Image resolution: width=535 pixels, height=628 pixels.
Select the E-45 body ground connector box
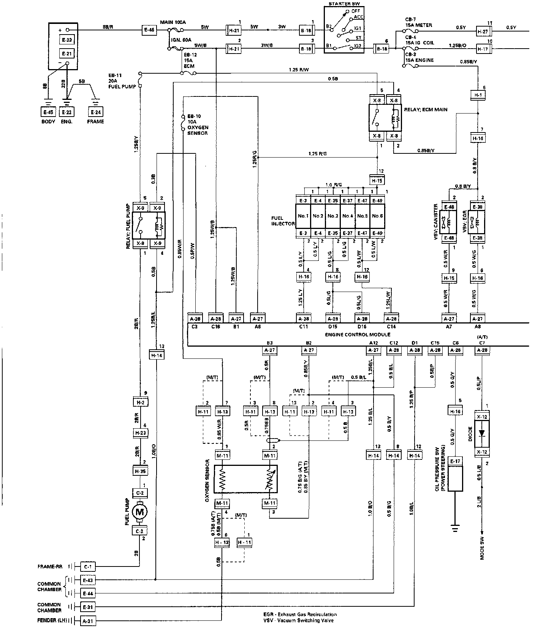(48, 112)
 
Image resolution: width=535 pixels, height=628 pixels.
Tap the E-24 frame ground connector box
(96, 112)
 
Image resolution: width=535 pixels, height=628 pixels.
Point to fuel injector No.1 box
(303, 216)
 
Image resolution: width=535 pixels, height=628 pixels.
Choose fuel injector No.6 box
(377, 216)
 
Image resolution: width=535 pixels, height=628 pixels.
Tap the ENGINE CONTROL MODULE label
(358, 335)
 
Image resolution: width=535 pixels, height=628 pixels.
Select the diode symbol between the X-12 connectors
(482, 433)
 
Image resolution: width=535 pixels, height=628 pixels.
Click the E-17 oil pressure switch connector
(455, 461)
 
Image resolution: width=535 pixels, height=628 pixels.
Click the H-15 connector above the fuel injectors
(377, 181)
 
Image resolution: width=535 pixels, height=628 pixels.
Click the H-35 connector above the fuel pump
(140, 471)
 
